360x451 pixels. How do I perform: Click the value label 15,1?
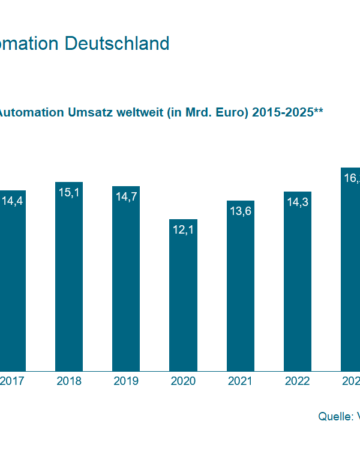tap(69, 192)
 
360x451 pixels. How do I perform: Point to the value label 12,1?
tap(183, 230)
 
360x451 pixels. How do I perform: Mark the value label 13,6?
tap(241, 211)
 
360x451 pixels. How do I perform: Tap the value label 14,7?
tap(126, 197)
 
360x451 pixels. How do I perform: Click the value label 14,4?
tap(12, 201)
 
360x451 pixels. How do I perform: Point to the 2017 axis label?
tap(12, 381)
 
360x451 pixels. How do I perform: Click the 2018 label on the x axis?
tap(69, 381)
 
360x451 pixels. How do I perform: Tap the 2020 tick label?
tap(183, 381)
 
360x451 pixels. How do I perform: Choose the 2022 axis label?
tap(298, 381)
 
